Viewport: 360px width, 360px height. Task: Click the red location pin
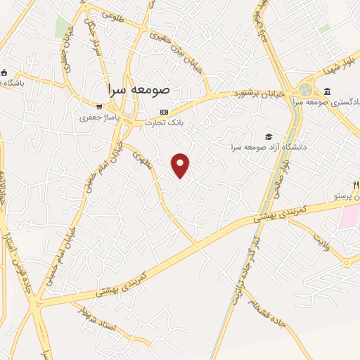[x=181, y=165]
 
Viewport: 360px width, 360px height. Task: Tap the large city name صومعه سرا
[x=139, y=91]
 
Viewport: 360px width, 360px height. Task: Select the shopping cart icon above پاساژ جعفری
[x=100, y=107]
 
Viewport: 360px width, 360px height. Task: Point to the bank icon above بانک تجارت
[x=164, y=111]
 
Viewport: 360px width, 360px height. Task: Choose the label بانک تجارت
[x=164, y=122]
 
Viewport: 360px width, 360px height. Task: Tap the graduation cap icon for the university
[x=267, y=136]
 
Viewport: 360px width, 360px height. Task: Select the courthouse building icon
[x=328, y=91]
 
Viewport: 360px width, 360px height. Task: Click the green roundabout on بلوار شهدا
[x=305, y=90]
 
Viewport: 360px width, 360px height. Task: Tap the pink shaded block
[x=349, y=217]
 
